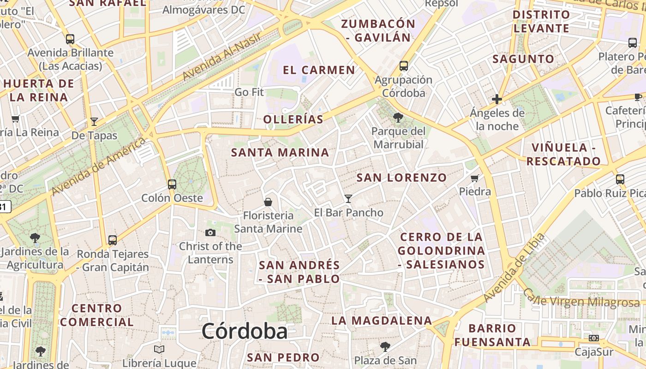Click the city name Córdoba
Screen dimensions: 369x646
(245, 331)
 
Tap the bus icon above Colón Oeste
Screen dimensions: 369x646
(172, 184)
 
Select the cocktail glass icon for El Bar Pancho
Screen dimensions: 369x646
(348, 199)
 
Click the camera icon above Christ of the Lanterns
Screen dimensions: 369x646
(210, 233)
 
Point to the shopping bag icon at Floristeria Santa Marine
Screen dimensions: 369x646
(268, 202)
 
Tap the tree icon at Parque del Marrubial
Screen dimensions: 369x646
(398, 118)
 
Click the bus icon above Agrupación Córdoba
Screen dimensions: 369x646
(404, 66)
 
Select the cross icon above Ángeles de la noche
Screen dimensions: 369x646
(497, 99)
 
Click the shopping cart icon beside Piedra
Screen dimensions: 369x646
(475, 178)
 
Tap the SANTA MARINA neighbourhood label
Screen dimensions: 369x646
(280, 153)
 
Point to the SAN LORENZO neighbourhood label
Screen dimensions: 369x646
(402, 178)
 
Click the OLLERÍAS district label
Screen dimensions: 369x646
(293, 119)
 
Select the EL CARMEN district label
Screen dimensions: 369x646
(319, 70)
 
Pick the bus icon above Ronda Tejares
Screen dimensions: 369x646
(113, 240)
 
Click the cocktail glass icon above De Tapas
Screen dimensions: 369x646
(94, 122)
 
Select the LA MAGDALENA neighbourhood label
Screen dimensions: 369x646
(382, 321)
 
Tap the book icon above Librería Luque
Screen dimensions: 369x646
(159, 350)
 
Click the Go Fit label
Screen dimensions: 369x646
(249, 92)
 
